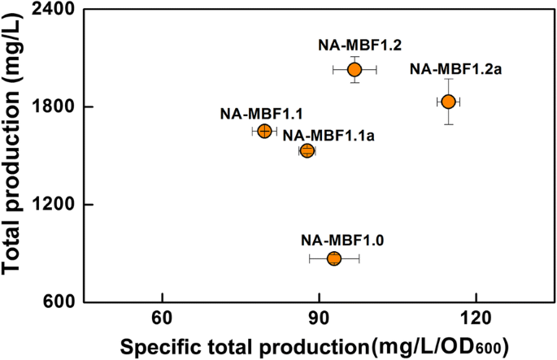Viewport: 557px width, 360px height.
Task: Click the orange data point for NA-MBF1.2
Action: click(355, 70)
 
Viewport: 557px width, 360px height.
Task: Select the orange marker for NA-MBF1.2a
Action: click(448, 102)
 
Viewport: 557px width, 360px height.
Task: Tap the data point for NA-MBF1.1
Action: click(264, 131)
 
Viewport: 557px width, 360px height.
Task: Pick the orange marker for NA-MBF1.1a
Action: click(307, 150)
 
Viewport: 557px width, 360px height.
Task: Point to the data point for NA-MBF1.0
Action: click(334, 258)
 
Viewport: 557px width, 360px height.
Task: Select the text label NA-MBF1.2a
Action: click(455, 69)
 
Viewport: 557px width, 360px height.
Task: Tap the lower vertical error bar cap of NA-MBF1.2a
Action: click(448, 124)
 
